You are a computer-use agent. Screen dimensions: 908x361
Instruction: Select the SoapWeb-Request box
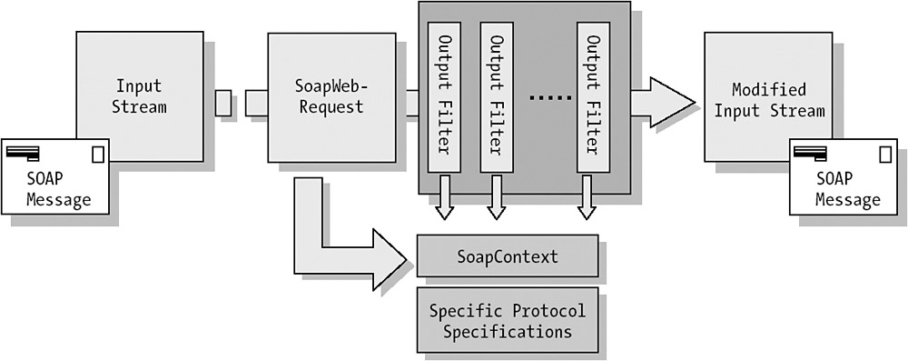pyautogui.click(x=331, y=97)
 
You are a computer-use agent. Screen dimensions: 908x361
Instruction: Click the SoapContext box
pyautogui.click(x=508, y=256)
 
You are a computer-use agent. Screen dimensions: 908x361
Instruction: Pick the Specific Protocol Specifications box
pyautogui.click(x=508, y=320)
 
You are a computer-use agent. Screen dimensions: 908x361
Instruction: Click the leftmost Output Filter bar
pyautogui.click(x=444, y=97)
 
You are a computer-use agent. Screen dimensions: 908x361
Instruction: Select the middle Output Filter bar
pyautogui.click(x=497, y=97)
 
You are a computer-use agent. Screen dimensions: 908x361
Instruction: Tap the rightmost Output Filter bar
pyautogui.click(x=593, y=97)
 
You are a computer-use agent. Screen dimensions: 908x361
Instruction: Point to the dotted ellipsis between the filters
pyautogui.click(x=551, y=97)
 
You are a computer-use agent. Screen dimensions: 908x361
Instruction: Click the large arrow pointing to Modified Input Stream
pyautogui.click(x=663, y=102)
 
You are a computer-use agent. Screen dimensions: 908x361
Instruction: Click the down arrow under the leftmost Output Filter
pyautogui.click(x=444, y=197)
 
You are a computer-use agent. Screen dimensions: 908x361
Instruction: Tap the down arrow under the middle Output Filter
pyautogui.click(x=497, y=197)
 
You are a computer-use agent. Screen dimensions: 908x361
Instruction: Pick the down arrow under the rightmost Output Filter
pyautogui.click(x=587, y=197)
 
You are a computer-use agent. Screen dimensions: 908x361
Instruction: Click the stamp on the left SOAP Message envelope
pyautogui.click(x=98, y=155)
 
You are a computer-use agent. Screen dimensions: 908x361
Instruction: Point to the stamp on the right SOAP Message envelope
pyautogui.click(x=885, y=155)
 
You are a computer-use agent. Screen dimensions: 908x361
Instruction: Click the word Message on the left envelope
pyautogui.click(x=58, y=200)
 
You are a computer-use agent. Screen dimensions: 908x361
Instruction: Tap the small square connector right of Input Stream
pyautogui.click(x=223, y=103)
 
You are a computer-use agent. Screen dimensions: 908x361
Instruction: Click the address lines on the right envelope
pyautogui.click(x=810, y=154)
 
